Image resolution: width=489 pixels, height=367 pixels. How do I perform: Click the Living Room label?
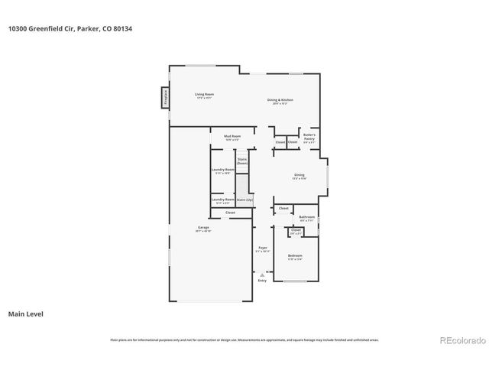(204, 96)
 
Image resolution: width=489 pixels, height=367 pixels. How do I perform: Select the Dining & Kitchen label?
(280, 101)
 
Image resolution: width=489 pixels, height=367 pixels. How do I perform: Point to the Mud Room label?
(232, 138)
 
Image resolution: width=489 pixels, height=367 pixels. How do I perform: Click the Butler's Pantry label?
(309, 137)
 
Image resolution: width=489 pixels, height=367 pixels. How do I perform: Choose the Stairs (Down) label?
(242, 161)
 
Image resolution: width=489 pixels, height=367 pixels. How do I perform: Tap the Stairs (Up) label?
(244, 200)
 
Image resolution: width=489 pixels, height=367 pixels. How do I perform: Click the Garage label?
(203, 229)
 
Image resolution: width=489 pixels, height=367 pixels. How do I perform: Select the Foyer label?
(262, 248)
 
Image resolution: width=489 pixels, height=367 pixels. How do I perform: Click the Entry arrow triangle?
(262, 274)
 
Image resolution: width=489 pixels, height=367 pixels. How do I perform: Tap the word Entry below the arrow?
(262, 281)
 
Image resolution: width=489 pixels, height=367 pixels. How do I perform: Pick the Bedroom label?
(295, 256)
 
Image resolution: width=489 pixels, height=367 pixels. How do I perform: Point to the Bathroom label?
(306, 218)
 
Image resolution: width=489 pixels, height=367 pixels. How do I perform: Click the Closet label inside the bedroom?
(296, 230)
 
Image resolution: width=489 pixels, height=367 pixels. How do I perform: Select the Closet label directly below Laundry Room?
(230, 213)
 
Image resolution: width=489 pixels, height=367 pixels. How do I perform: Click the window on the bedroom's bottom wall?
(295, 282)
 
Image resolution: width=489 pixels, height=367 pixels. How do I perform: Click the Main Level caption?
(24, 313)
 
